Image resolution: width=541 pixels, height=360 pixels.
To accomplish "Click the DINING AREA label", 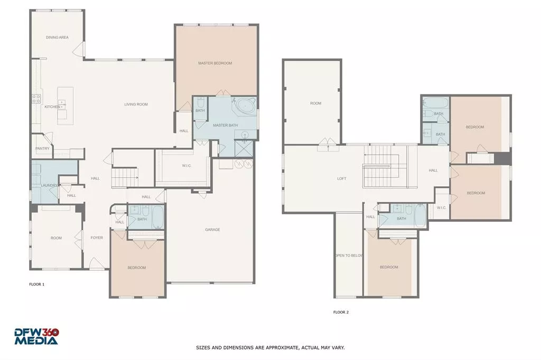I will point(57,37).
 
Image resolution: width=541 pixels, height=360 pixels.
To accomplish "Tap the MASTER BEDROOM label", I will point(215,63).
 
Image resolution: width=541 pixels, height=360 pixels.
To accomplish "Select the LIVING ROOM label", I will point(136,105).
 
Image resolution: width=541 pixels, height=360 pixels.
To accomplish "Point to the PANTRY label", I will point(43,148).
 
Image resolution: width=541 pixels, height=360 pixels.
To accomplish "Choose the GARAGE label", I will point(212,230).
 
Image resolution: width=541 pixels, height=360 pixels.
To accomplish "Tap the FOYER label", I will point(97,238).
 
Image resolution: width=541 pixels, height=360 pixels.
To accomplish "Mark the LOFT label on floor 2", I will point(342,178).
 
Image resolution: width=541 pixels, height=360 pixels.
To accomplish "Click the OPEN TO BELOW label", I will point(349,255).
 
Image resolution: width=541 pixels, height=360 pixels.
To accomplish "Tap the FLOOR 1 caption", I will point(36,285).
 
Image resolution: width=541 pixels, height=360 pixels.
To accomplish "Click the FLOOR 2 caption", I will point(341,312).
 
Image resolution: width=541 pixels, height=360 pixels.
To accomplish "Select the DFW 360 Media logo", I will point(36,336).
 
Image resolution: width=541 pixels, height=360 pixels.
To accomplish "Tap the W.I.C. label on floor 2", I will point(442,207).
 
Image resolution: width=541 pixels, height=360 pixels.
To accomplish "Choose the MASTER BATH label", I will point(226,125).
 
